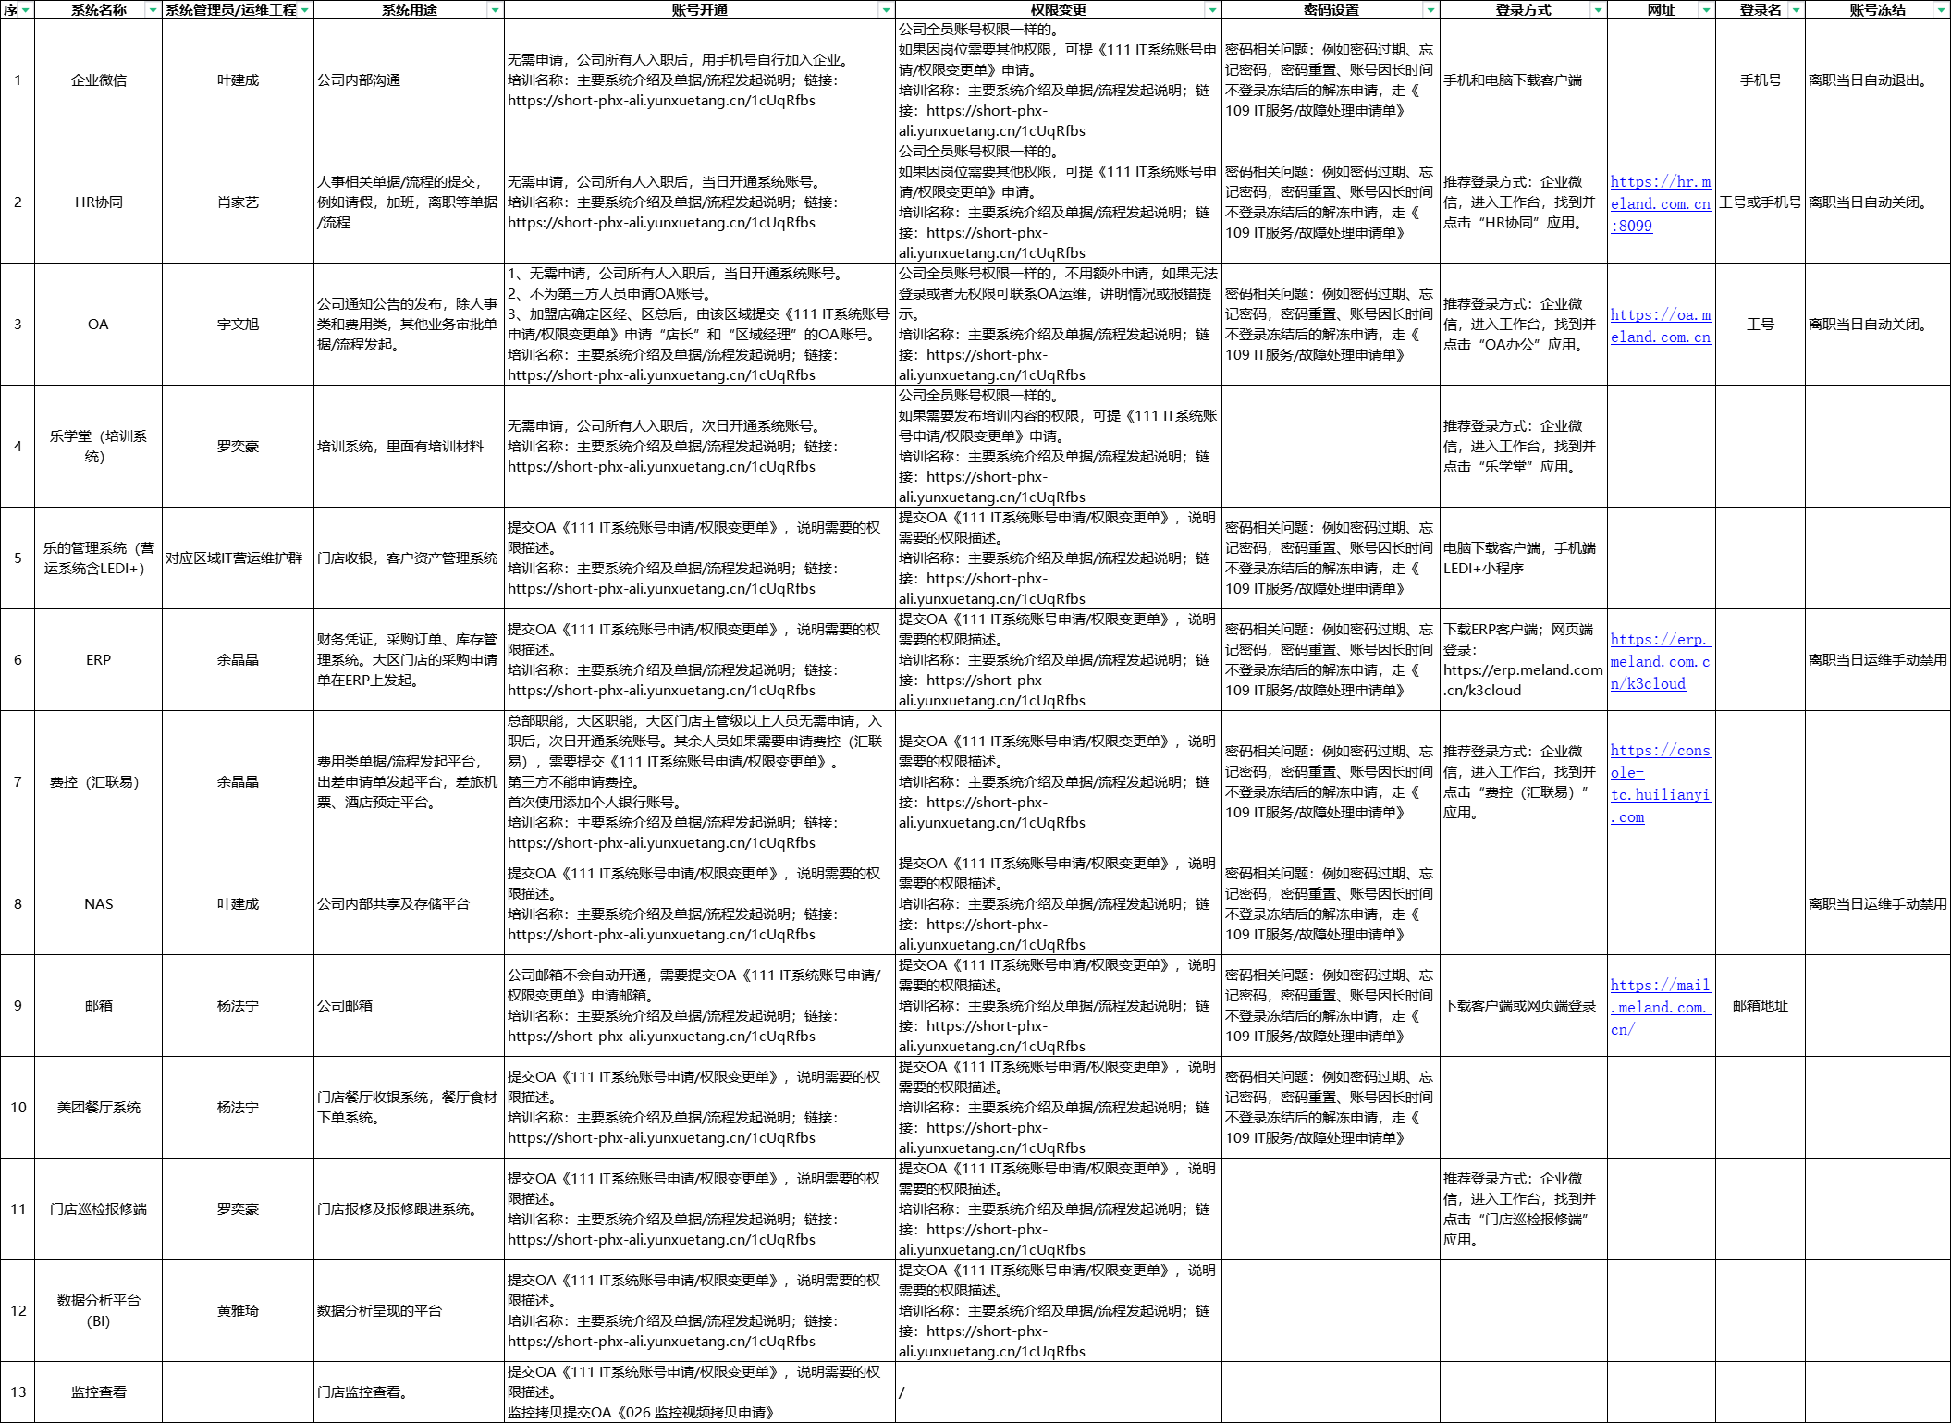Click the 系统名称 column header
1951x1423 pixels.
coord(98,10)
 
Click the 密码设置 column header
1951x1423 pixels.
coord(1330,10)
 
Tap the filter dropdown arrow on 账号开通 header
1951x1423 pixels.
coord(886,10)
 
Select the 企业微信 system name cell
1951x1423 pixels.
coord(98,80)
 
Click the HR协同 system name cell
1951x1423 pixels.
coord(98,202)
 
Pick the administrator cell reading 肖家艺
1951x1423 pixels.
coord(238,202)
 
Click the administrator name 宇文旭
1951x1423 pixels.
coord(238,325)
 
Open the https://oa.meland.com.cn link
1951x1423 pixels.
coord(1660,325)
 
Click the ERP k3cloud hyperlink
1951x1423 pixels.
coord(1660,661)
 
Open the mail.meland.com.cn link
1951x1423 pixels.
coord(1660,1007)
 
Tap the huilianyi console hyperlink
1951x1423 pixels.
coord(1660,783)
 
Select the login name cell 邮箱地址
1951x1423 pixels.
coord(1760,1006)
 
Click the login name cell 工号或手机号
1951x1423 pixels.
coord(1760,202)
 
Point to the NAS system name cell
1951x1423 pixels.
coord(98,904)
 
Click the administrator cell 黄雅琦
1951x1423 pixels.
coord(238,1311)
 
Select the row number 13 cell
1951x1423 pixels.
coord(18,1392)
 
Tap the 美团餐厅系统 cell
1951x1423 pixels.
coord(98,1108)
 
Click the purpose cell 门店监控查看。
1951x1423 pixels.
coord(362,1392)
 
